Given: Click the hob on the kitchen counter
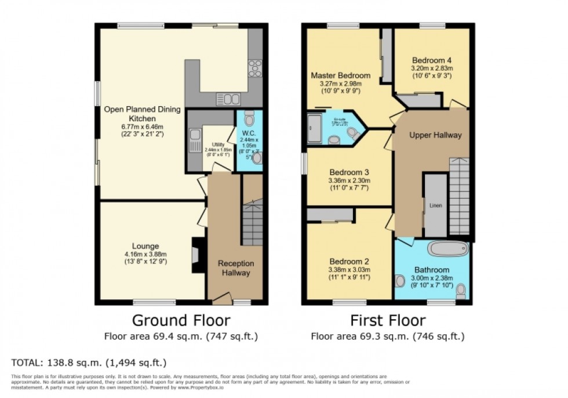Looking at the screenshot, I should pos(254,68).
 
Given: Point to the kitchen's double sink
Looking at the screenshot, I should pos(225,99).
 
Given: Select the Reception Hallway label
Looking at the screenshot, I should pos(235,268).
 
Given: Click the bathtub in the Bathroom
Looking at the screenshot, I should pos(447,250).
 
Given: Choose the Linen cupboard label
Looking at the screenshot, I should pos(435,205).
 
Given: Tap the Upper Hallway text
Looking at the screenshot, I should pos(435,135).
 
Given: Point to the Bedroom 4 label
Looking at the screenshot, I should pos(431,60).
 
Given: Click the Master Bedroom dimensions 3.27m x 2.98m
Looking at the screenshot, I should pos(340,84).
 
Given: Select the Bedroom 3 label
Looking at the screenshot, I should pos(349,172).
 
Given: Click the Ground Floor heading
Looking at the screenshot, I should pos(181,320).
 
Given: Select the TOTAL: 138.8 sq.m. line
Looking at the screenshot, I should pos(89,363).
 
